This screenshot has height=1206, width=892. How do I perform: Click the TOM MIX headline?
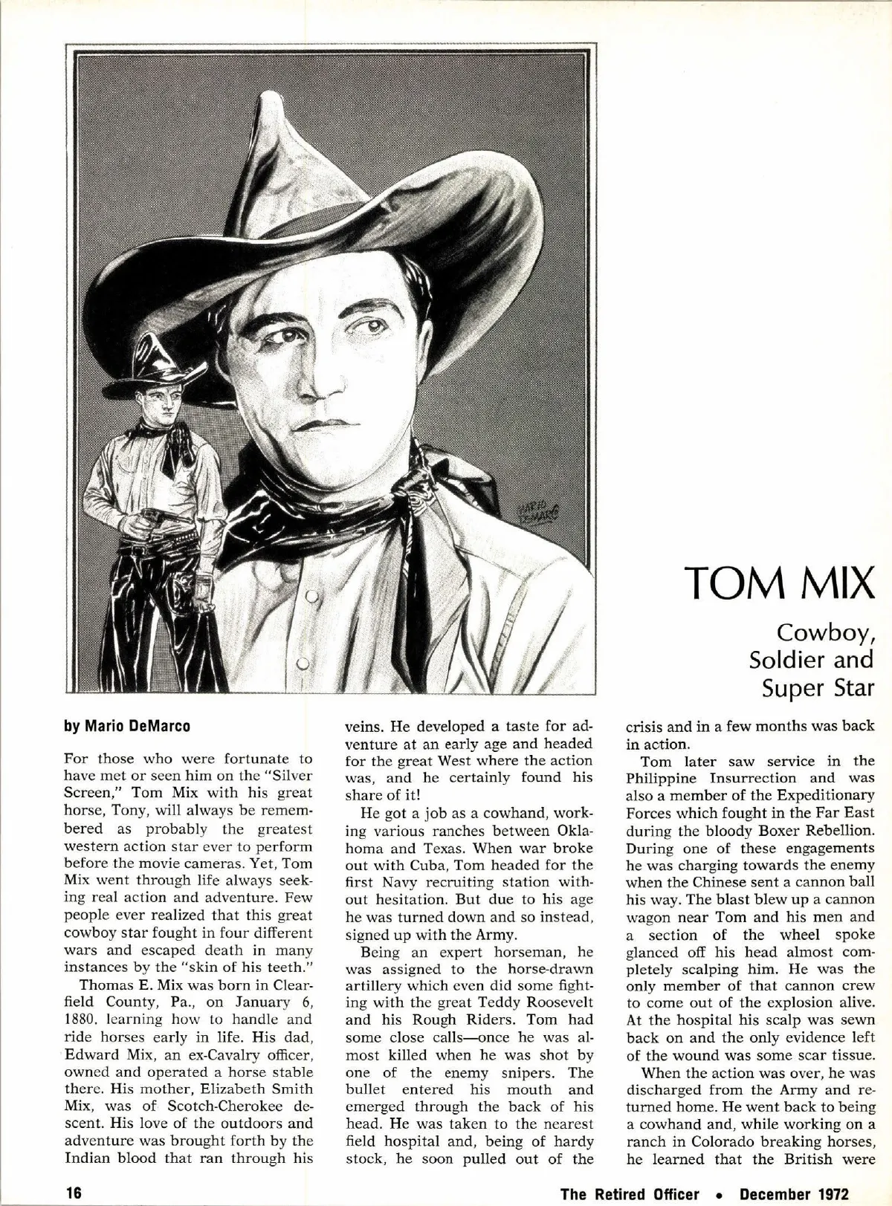pos(779,585)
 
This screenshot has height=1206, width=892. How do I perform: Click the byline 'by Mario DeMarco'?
pos(127,726)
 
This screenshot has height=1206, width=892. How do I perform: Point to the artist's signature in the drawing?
pos(537,511)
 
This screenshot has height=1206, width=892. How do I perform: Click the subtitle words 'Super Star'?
pos(817,688)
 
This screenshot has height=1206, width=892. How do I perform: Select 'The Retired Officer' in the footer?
pos(630,1193)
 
